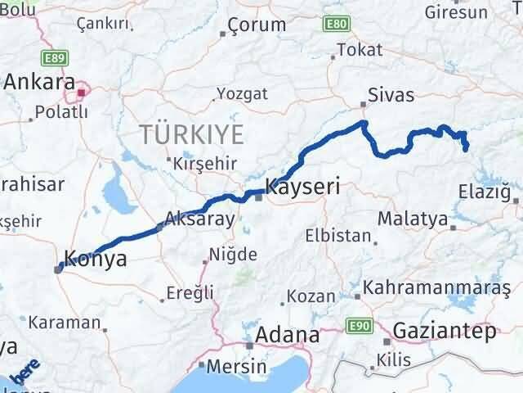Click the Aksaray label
tap(199, 219)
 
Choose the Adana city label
tap(287, 335)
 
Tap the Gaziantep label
tap(445, 332)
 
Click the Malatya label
tap(413, 219)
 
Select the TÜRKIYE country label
tap(191, 133)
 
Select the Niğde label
tap(234, 255)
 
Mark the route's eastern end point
tap(466, 149)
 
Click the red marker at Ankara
tap(81, 93)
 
